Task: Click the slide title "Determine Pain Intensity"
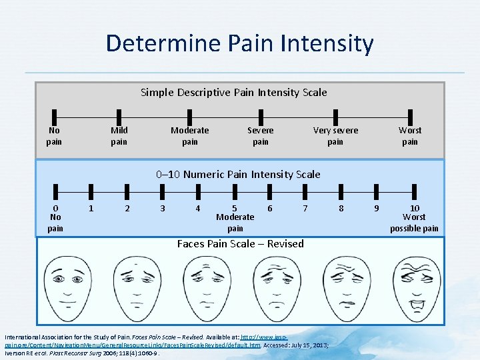(x=239, y=44)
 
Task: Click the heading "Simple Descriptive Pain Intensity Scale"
(x=233, y=92)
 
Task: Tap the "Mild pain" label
(x=119, y=135)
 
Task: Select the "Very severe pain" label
(x=335, y=135)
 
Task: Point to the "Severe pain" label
(x=260, y=135)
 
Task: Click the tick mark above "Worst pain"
(x=409, y=117)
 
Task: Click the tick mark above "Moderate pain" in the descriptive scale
(x=189, y=117)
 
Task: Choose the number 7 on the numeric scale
(x=305, y=209)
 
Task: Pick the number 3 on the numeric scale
(x=163, y=209)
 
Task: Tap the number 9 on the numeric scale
(x=377, y=209)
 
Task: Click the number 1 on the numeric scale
(x=91, y=209)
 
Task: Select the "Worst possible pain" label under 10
(x=414, y=223)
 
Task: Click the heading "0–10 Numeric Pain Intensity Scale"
(x=238, y=175)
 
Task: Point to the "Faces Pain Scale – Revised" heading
(x=240, y=244)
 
